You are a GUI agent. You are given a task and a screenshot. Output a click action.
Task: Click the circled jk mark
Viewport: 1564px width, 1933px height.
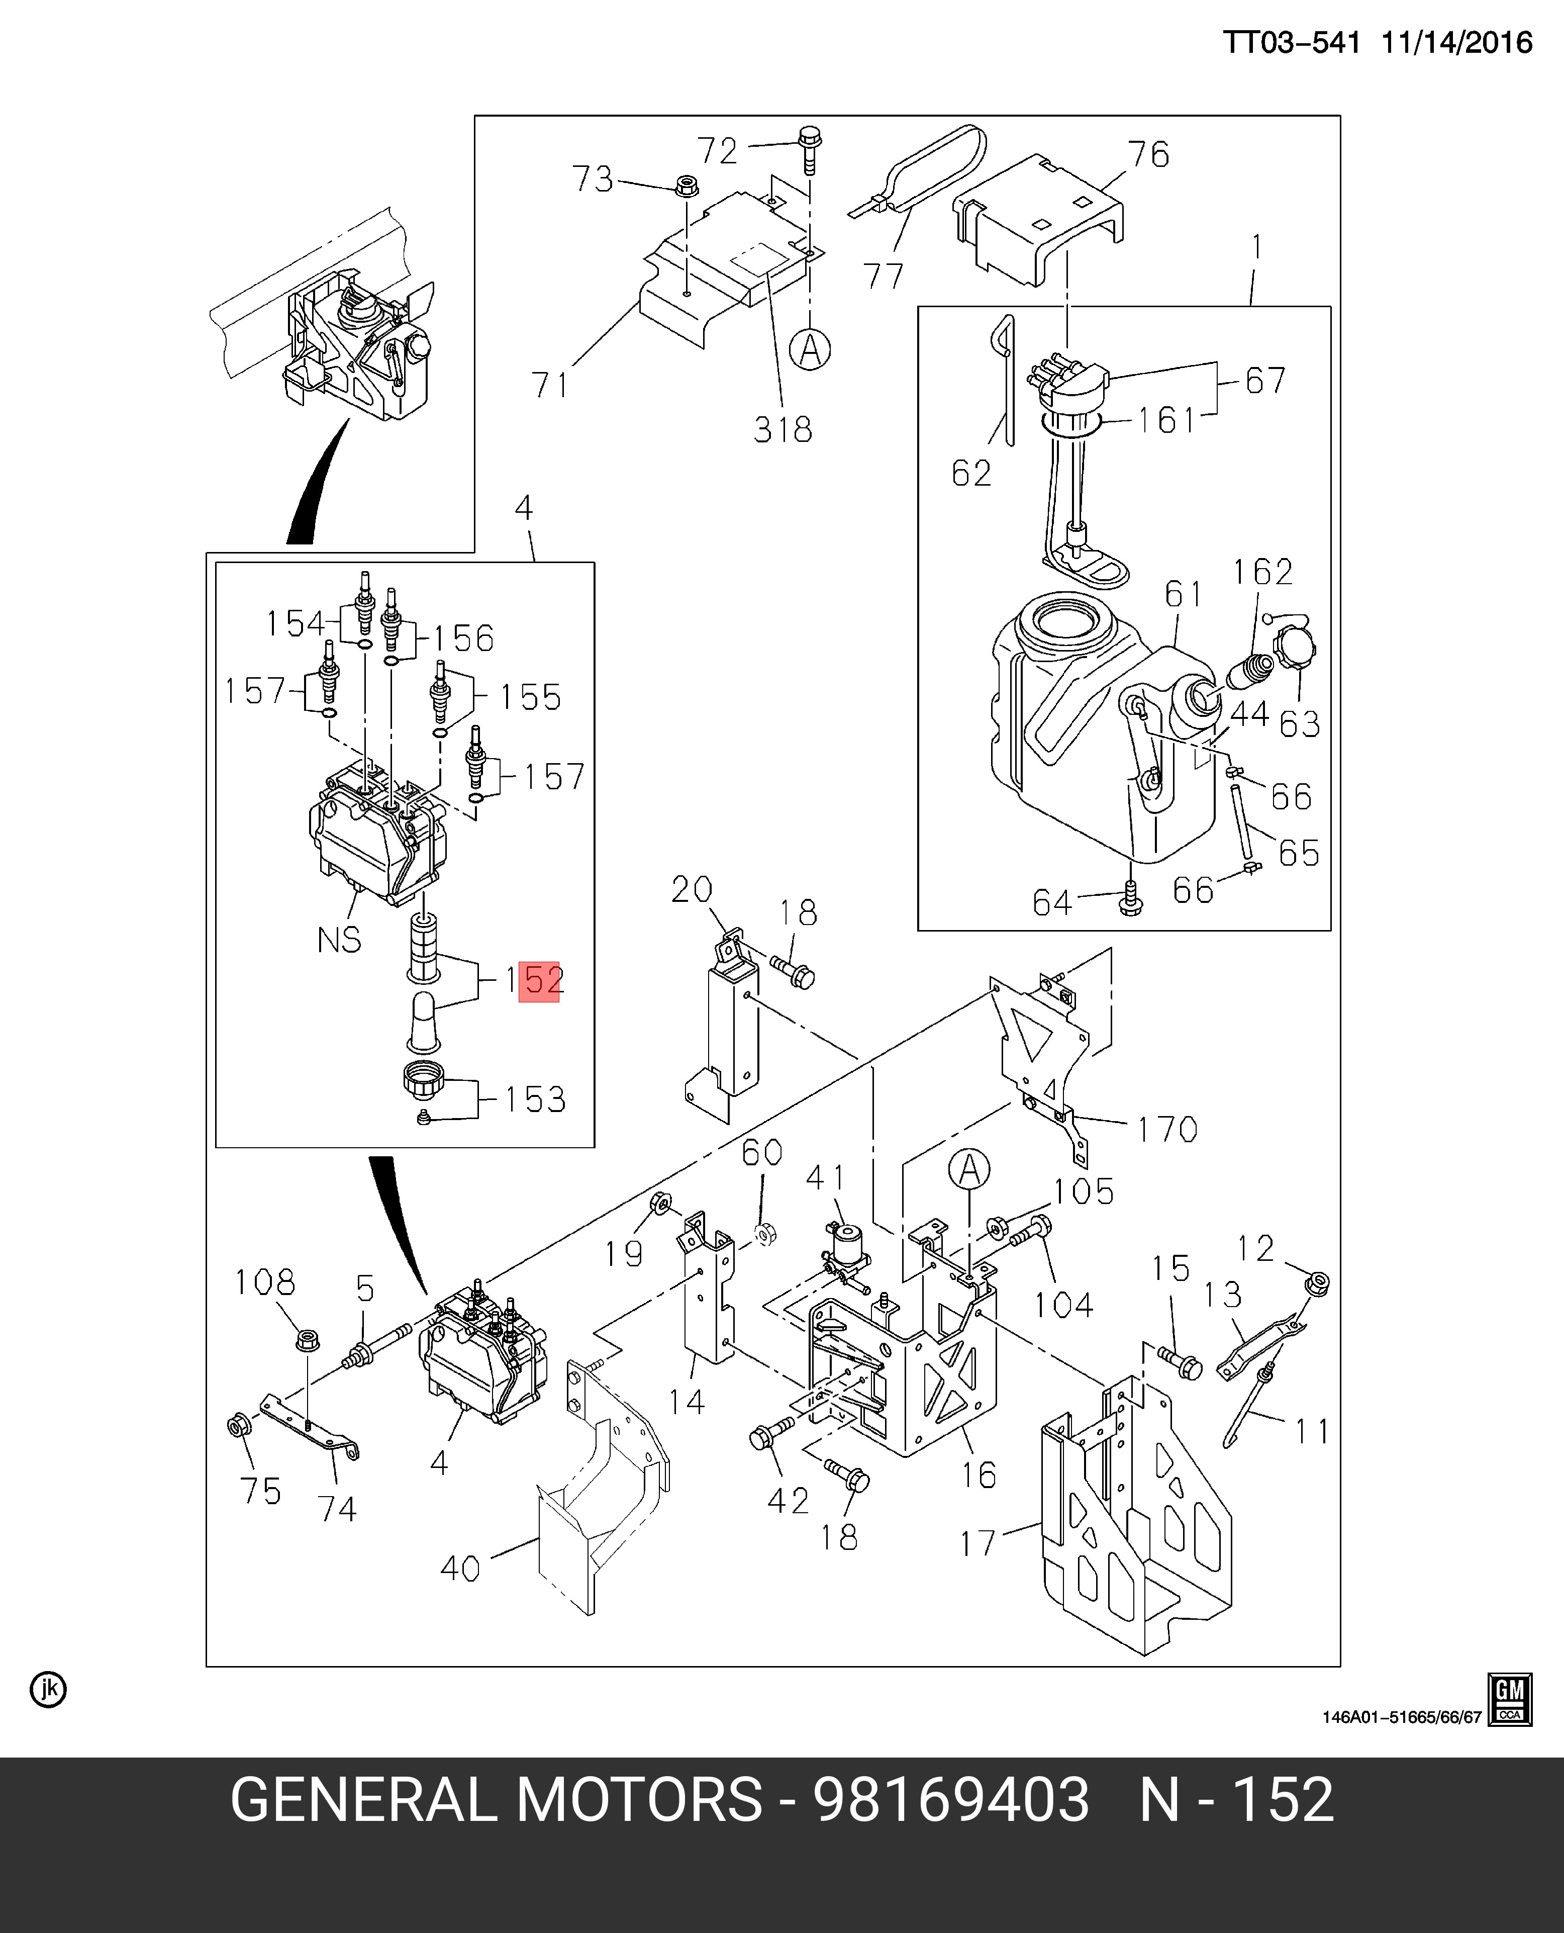click(x=48, y=1690)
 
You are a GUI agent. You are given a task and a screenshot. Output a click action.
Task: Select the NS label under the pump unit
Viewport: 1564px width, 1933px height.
click(x=339, y=940)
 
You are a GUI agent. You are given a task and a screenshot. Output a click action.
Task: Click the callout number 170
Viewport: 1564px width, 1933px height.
click(x=1166, y=1129)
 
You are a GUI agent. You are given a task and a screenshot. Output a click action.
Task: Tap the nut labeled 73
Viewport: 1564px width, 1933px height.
click(x=685, y=188)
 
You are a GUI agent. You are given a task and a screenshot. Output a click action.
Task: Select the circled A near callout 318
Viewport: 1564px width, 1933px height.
click(x=810, y=349)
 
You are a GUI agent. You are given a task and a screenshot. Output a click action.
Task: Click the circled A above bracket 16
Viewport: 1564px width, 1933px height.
click(x=968, y=1171)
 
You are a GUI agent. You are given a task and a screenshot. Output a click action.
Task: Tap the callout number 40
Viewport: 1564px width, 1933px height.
click(x=459, y=1568)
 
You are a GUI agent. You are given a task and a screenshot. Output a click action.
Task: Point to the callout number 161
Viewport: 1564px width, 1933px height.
click(x=1166, y=420)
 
